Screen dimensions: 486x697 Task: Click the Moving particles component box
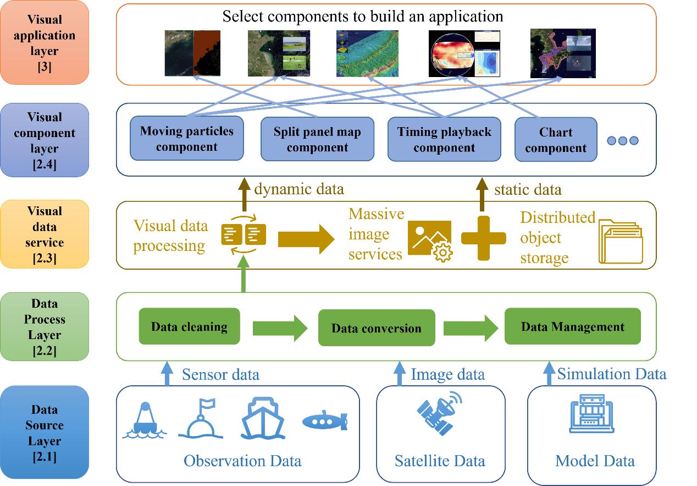(187, 138)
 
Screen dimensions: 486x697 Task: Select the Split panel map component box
(317, 139)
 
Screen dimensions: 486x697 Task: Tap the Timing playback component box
(444, 139)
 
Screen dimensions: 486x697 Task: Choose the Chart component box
(556, 140)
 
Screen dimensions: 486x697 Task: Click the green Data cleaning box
(189, 326)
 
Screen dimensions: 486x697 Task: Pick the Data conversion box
(377, 329)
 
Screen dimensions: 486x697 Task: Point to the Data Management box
(572, 326)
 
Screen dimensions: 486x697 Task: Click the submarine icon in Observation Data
(325, 421)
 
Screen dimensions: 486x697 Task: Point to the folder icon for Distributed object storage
(621, 241)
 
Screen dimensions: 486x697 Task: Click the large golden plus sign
(483, 238)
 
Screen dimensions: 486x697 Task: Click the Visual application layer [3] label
(45, 42)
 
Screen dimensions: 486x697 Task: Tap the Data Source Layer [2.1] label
(45, 432)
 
